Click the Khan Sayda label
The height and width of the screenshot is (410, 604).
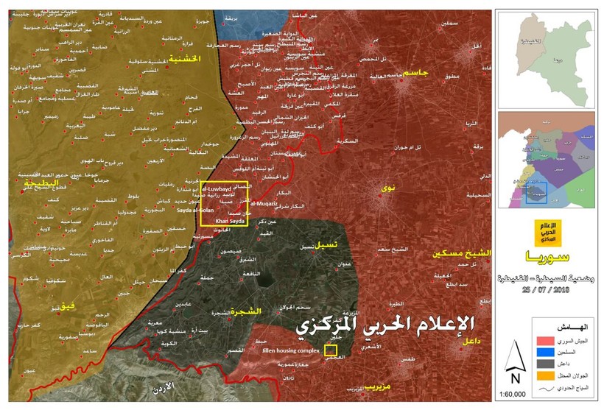click(228, 219)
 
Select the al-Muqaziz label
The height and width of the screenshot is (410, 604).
click(263, 201)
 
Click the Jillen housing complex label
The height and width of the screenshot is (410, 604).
click(289, 352)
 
